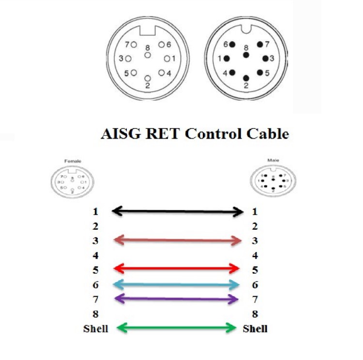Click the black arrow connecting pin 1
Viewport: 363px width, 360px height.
[x=177, y=211]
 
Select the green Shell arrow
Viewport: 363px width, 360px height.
[x=177, y=328]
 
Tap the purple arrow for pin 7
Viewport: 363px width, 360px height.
[x=177, y=299]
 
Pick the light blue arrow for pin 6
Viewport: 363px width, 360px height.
[x=177, y=285]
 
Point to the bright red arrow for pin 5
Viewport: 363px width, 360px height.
[x=177, y=268]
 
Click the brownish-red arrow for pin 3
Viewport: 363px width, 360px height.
[x=177, y=239]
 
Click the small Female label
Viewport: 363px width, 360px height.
[x=72, y=160]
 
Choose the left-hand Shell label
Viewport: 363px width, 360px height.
[x=95, y=329]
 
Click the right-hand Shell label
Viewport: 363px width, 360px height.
[x=255, y=329]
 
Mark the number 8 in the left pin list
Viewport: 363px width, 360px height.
[x=95, y=314]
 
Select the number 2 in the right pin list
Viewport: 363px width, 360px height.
[x=255, y=226]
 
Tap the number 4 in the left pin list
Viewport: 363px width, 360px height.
[x=95, y=255]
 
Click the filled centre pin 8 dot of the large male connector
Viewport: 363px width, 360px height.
[x=246, y=55]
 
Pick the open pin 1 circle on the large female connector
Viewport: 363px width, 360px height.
[x=167, y=59]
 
